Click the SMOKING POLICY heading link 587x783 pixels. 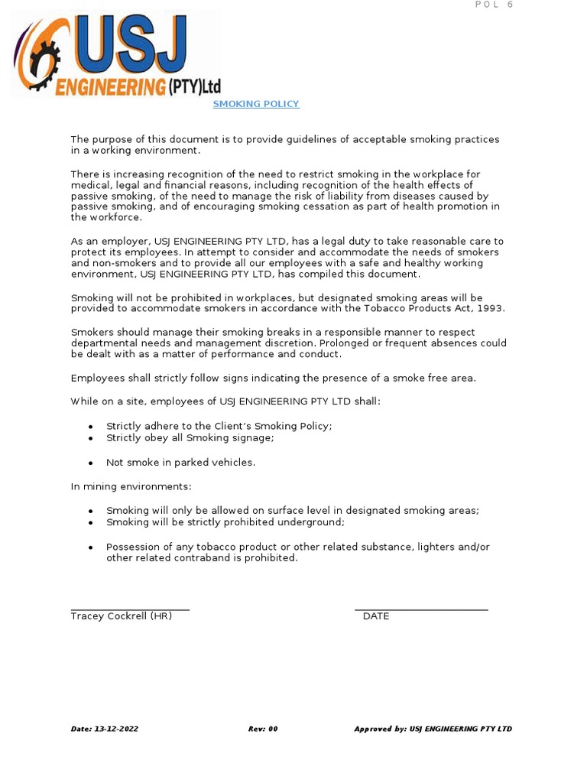256,104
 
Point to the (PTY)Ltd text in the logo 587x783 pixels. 190,86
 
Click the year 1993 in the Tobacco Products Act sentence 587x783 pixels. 489,308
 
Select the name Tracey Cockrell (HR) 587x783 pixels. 121,616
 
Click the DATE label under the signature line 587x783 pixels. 376,616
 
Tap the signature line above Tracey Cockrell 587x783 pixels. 130,609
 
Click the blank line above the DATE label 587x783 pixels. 421,609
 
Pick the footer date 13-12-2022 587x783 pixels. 116,729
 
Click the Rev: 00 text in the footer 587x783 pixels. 263,729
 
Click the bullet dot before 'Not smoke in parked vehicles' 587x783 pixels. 91,463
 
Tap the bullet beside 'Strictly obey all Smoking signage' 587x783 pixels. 91,438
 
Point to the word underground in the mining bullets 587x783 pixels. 315,521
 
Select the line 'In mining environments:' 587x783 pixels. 131,486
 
